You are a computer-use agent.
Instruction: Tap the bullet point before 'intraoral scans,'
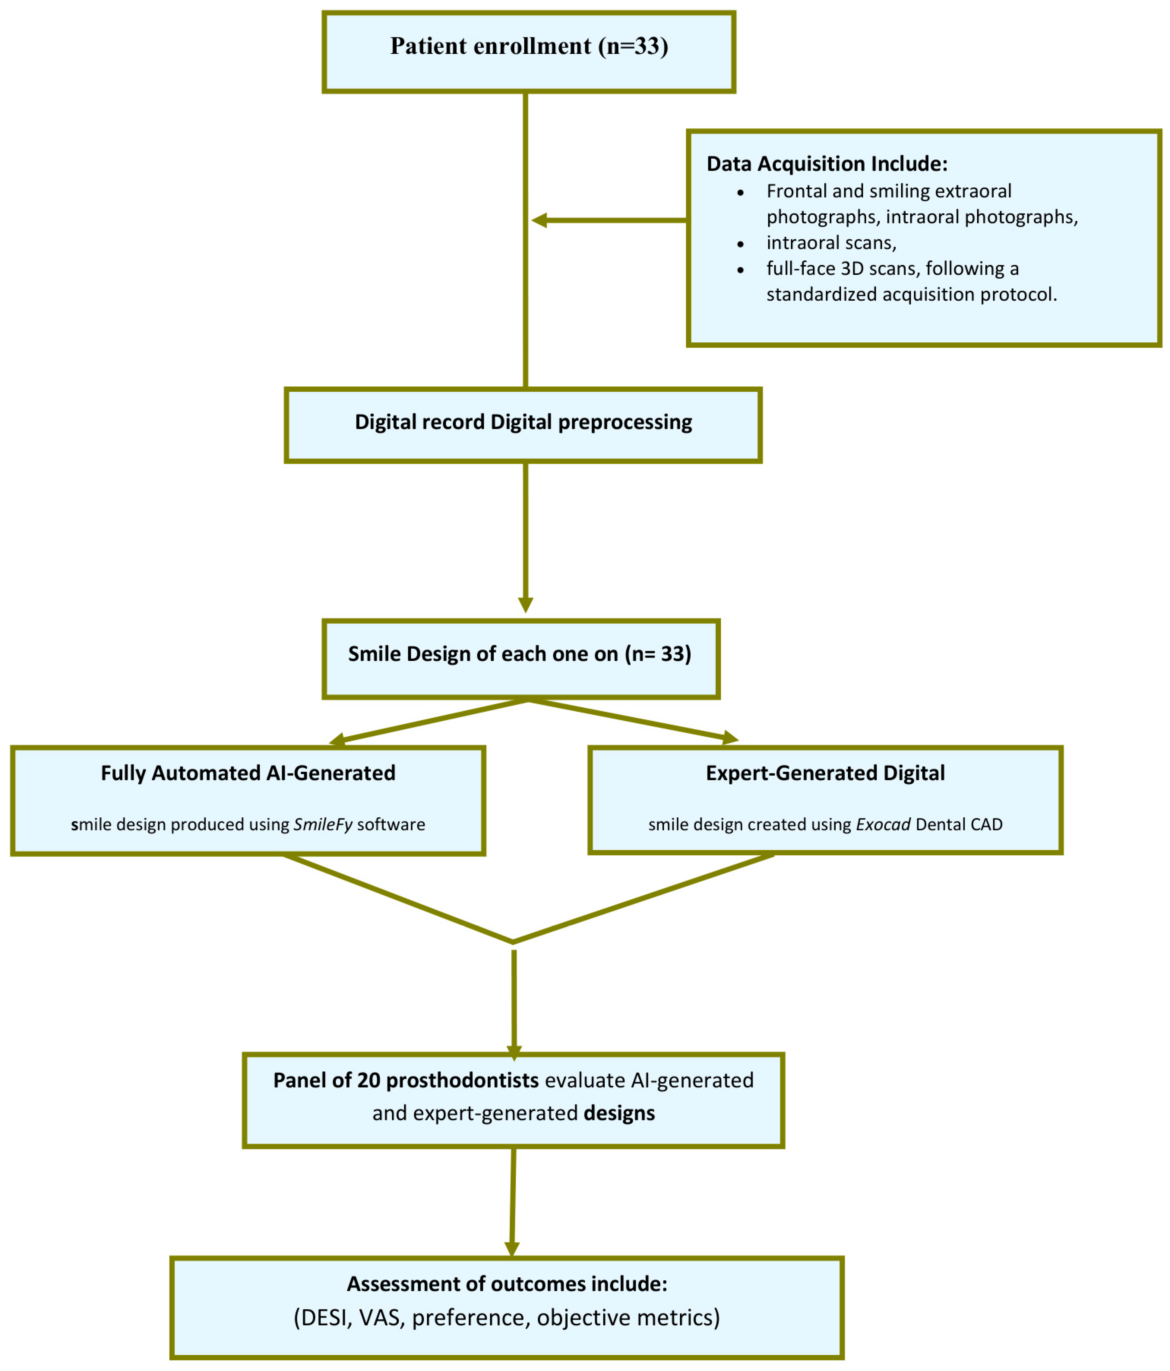[740, 244]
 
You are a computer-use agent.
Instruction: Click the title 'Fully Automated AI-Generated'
[248, 773]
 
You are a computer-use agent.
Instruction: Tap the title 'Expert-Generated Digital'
[825, 773]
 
